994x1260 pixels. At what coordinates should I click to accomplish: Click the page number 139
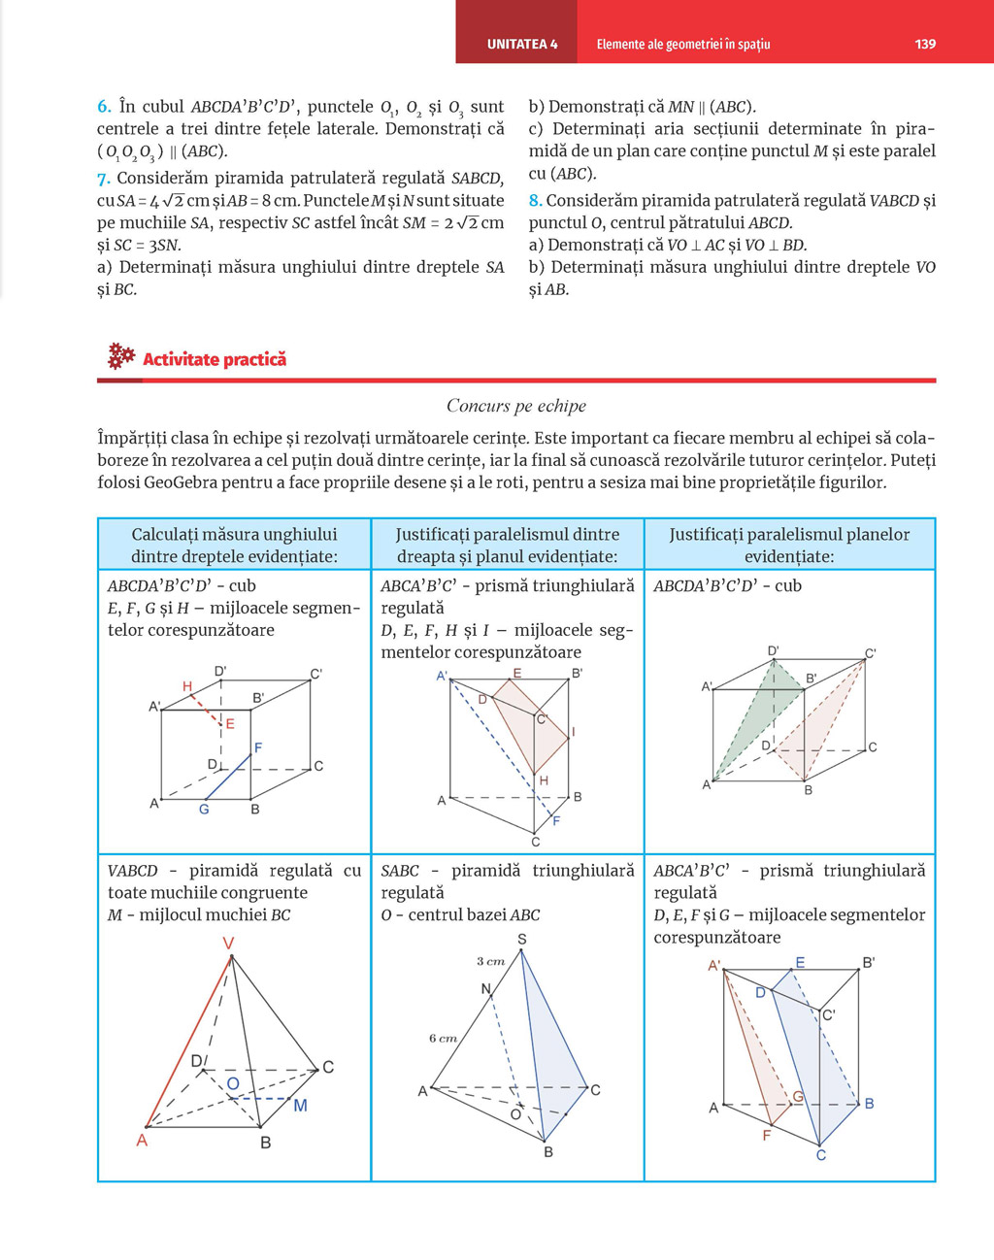925,44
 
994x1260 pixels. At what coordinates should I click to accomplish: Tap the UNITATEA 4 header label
522,44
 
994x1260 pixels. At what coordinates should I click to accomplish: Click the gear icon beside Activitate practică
120,356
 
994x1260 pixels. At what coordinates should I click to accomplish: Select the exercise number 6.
104,107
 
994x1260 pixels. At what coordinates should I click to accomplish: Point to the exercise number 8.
535,201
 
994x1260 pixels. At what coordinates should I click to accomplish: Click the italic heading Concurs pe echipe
515,406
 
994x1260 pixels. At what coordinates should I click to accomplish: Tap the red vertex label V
229,943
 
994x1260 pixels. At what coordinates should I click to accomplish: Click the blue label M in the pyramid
300,1106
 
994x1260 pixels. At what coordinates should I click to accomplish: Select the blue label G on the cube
204,809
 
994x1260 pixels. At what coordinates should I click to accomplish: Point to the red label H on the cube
187,687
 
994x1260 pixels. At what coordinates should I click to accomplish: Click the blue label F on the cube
258,747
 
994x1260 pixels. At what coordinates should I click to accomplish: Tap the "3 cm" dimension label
490,961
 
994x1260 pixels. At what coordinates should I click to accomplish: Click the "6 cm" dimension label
443,1038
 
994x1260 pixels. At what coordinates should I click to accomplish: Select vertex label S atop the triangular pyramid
522,939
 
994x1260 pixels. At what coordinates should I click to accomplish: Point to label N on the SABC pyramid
486,989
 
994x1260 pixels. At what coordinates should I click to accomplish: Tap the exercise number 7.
104,179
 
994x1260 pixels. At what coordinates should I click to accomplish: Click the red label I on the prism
573,732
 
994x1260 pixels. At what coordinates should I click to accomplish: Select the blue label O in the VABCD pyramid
233,1084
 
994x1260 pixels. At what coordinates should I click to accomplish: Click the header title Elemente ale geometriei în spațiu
683,44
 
